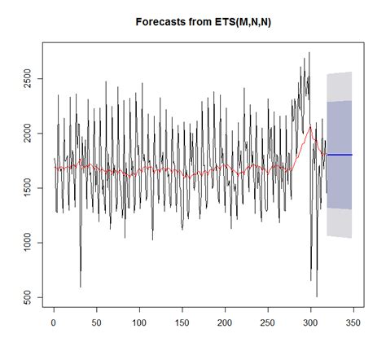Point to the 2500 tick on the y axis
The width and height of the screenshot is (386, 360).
[x=29, y=79]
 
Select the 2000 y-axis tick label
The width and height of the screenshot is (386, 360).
[x=29, y=134]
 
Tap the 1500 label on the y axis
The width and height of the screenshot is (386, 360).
[x=29, y=188]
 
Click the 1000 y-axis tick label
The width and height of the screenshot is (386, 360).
[x=29, y=243]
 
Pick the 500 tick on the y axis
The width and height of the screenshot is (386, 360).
[x=29, y=297]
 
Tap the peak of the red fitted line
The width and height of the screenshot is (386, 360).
[x=310, y=127]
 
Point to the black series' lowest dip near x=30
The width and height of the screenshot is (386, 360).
[x=80, y=287]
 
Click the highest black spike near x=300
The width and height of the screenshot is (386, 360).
[x=309, y=53]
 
